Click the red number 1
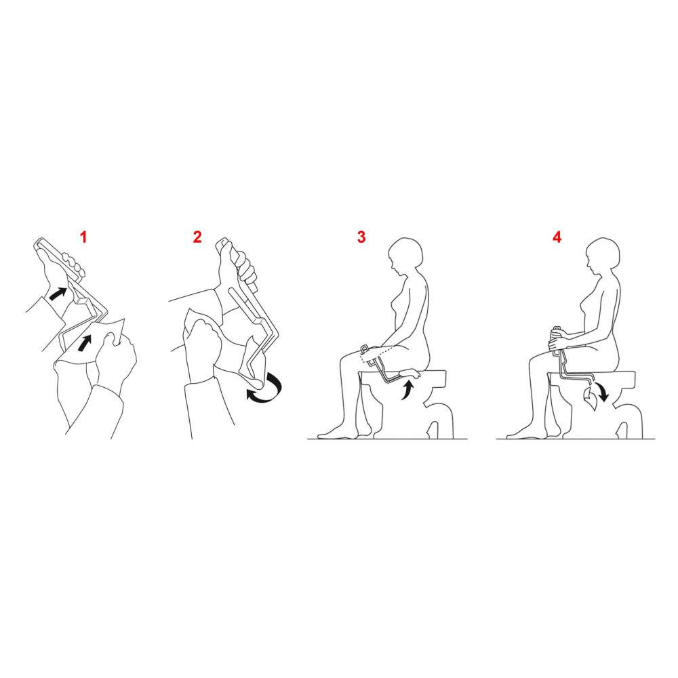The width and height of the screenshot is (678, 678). point(83,237)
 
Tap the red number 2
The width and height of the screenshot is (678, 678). point(197,237)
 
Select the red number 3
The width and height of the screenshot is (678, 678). point(361,237)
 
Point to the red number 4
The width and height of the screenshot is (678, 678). point(557,237)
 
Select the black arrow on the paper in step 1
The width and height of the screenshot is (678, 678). point(87,342)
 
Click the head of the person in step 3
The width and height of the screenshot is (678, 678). point(405,256)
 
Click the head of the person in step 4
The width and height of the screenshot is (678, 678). point(601,256)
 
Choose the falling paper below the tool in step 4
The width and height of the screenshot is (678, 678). point(591,399)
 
